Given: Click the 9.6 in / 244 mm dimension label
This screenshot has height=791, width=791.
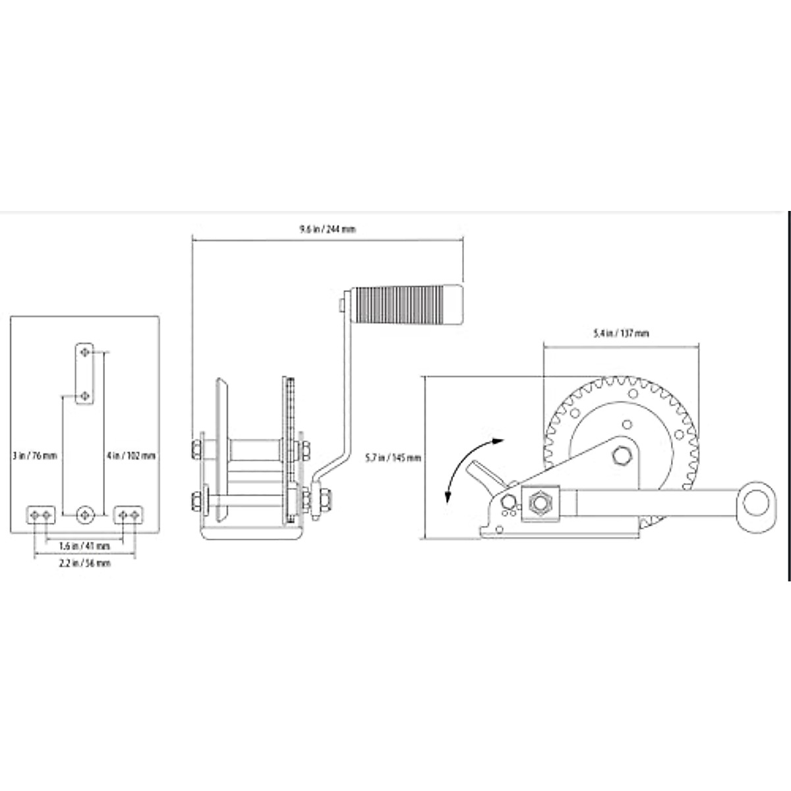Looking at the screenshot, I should click(x=328, y=229).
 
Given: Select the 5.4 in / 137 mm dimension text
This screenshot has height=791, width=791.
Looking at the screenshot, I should click(x=620, y=334).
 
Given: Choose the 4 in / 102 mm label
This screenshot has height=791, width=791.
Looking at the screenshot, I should click(x=131, y=455).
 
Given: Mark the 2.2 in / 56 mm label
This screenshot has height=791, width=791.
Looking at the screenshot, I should click(x=85, y=563).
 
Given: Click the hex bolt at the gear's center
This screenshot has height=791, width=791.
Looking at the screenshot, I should click(x=622, y=456).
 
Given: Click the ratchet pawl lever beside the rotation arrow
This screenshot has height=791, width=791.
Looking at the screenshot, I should click(x=484, y=476).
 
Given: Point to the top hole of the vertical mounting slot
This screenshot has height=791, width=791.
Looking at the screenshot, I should click(x=84, y=353).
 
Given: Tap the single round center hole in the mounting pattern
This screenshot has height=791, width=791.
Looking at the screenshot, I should click(x=84, y=513).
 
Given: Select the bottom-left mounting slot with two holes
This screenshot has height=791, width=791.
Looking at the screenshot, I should click(x=40, y=513).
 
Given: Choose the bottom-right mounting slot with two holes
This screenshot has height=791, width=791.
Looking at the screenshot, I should click(x=129, y=513).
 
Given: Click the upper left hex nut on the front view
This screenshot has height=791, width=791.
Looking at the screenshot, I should click(x=196, y=450).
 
